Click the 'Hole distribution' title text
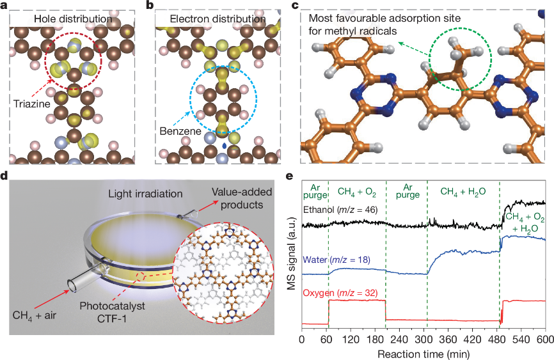point(73,19)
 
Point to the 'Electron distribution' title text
point(218,19)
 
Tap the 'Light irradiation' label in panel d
point(143,193)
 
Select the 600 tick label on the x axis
point(544,339)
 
